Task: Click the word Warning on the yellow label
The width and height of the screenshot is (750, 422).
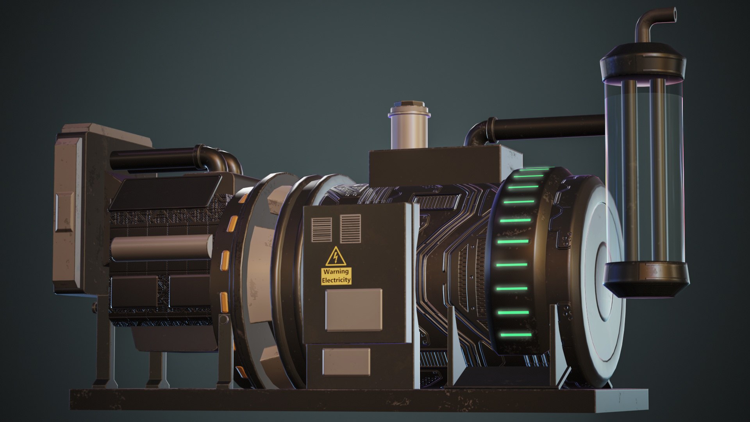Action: [336, 272]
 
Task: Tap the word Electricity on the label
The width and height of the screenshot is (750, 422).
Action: [336, 280]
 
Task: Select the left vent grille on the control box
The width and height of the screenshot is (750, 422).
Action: [321, 229]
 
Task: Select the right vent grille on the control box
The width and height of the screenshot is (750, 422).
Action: [350, 228]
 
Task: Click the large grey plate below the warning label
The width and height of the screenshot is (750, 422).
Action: [354, 309]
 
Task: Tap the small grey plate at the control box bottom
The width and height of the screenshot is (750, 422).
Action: [346, 361]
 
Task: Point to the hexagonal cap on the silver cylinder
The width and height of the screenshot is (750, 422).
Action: [409, 105]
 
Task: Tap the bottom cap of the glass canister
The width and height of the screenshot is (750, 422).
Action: [646, 278]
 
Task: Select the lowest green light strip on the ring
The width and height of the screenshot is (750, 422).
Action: [514, 335]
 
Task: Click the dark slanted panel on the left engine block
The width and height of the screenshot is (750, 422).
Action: [166, 193]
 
